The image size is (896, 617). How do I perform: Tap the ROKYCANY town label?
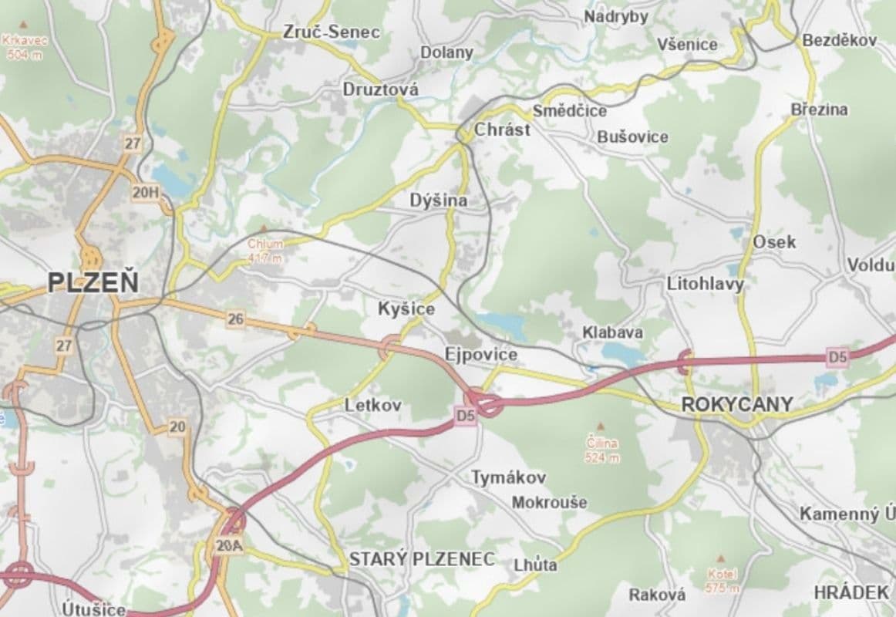(726, 403)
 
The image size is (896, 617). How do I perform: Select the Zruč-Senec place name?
(332, 32)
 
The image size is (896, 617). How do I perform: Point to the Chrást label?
(502, 130)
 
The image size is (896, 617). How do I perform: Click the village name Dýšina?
(439, 201)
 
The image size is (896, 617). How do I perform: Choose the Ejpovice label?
(481, 354)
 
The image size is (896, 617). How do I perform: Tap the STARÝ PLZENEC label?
(422, 559)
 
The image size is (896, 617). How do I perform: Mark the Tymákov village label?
(509, 477)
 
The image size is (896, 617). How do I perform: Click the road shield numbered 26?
(236, 318)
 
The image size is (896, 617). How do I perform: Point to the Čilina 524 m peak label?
(602, 450)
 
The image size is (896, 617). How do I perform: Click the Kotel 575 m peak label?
(722, 581)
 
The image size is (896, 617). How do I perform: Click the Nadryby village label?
(615, 16)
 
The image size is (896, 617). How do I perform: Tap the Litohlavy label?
(706, 285)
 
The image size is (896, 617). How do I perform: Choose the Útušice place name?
(94, 609)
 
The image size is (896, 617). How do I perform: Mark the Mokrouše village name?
(549, 502)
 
